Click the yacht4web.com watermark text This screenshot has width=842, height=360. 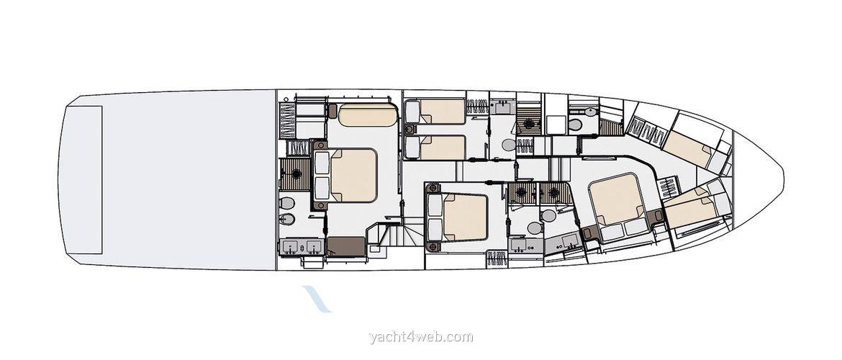421,336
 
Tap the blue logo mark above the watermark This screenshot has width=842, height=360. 317,298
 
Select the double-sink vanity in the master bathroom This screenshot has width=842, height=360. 302,247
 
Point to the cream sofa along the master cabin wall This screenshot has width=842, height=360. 368,114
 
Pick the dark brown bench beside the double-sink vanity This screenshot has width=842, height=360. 346,246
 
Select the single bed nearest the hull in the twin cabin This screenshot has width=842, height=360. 442,112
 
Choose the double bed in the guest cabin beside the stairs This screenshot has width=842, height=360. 464,217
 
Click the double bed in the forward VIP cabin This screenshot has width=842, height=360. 615,198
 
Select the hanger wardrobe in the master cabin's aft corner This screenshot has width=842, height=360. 287,120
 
